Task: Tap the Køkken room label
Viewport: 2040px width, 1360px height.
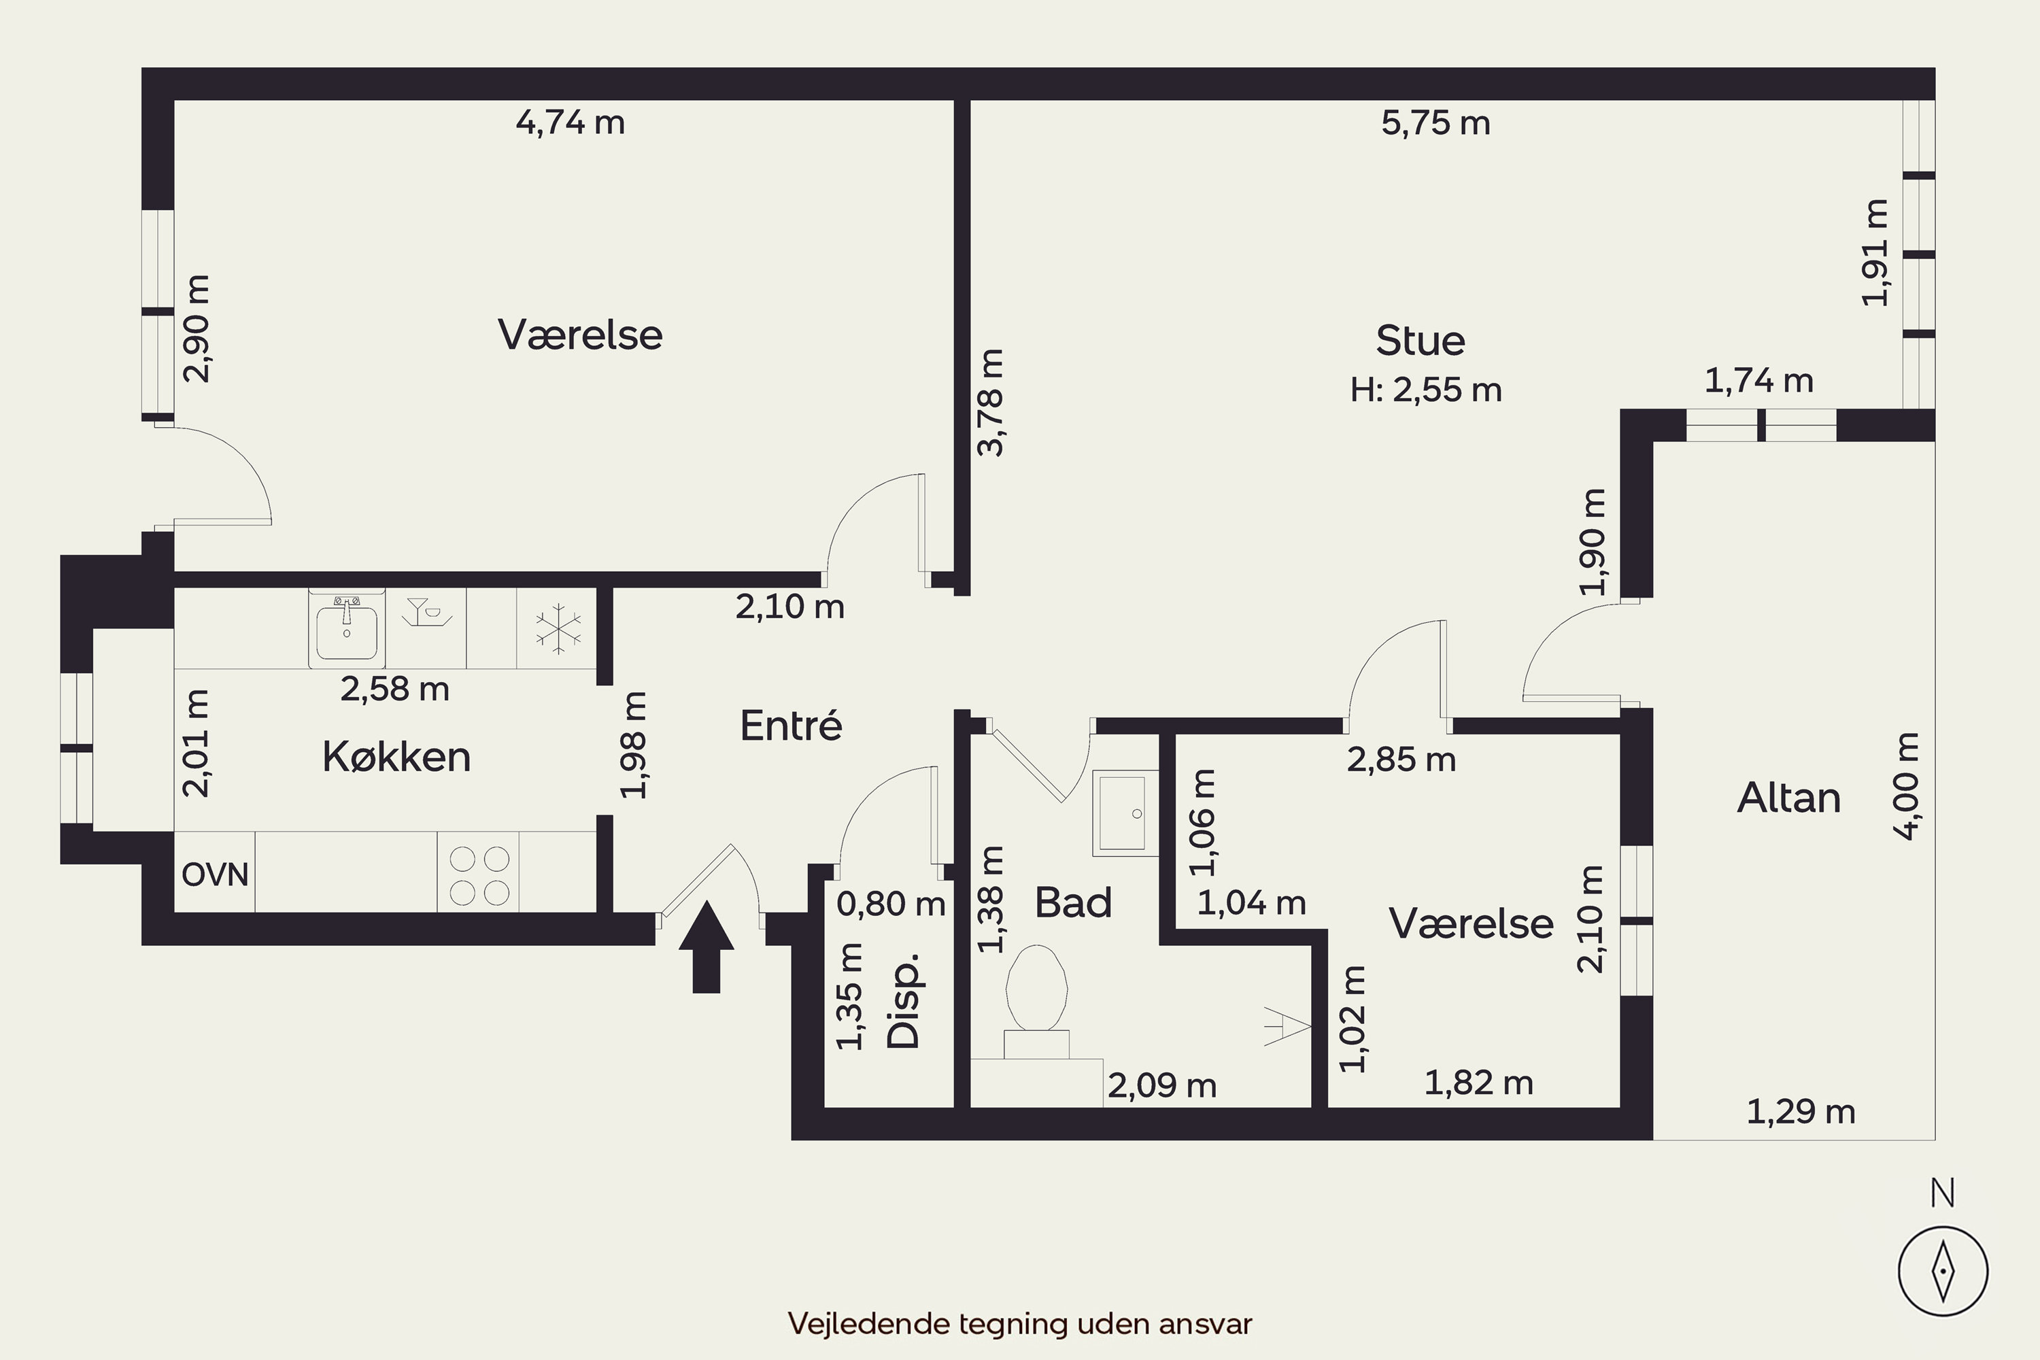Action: click(x=396, y=756)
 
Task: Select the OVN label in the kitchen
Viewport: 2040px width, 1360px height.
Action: click(x=215, y=874)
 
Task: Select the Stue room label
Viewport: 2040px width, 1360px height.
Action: click(x=1421, y=340)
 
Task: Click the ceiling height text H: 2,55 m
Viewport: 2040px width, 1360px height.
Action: click(x=1426, y=390)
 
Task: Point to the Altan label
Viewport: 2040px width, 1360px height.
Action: click(x=1788, y=797)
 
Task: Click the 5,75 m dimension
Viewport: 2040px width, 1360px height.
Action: click(x=1435, y=123)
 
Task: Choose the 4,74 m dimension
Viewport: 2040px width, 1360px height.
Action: click(x=570, y=122)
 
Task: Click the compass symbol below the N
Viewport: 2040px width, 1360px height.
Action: click(x=1943, y=1272)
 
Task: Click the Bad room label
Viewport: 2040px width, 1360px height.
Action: click(x=1073, y=903)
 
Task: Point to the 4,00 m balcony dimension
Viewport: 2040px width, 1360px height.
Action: click(x=1907, y=786)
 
